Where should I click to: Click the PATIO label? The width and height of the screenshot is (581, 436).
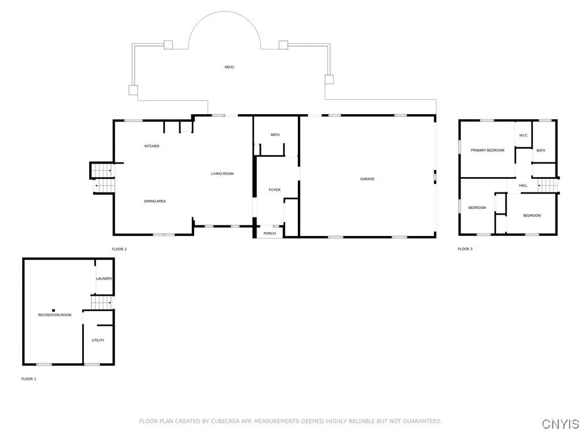229,67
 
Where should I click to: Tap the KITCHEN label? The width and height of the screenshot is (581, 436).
152,146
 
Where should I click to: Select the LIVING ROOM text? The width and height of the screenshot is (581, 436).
222,174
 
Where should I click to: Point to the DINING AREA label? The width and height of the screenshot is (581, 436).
155,202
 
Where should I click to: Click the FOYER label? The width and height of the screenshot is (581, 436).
275,190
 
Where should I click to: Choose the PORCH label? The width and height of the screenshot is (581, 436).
270,233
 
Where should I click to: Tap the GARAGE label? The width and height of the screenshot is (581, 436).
367,179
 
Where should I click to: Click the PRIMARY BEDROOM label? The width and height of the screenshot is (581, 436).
487,150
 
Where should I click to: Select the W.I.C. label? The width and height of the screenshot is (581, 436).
524,135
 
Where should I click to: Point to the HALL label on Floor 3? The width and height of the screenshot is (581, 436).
523,186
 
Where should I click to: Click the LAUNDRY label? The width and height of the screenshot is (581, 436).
104,279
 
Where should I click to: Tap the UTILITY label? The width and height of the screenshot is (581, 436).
98,341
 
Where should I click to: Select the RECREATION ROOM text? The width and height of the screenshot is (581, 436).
55,315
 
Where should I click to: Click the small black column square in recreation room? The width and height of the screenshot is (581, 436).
53,311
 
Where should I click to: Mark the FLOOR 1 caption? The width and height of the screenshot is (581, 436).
29,379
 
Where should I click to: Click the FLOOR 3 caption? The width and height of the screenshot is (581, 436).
465,249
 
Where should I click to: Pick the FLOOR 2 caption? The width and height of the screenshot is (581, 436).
119,249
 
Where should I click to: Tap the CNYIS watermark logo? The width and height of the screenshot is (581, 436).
561,424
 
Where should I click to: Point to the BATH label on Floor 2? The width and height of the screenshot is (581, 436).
275,135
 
